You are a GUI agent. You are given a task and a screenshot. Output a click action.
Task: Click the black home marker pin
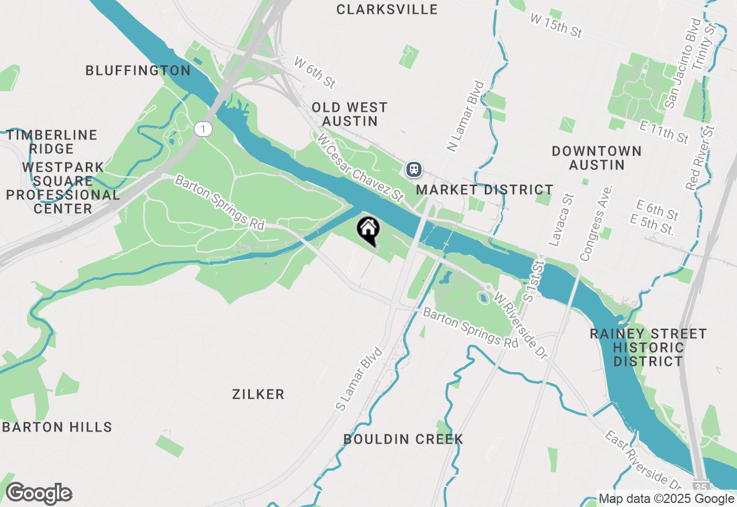point(368,230)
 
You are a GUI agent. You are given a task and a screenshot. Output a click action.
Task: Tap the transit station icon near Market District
point(414,169)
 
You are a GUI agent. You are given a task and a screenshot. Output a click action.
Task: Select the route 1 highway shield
point(202,128)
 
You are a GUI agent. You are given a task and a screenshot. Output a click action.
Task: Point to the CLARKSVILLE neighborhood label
point(387,9)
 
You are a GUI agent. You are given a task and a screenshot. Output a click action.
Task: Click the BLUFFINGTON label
point(138,70)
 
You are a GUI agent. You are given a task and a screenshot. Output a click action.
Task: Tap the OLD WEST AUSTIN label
point(349,114)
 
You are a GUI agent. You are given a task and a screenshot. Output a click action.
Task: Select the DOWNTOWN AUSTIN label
point(597,158)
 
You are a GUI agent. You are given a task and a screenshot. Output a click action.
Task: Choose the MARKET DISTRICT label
point(485,190)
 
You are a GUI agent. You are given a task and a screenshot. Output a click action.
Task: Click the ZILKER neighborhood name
point(258,394)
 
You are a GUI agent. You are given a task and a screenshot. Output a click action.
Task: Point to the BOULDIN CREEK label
point(403,439)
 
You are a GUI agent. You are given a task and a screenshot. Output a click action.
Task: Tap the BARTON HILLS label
point(57,427)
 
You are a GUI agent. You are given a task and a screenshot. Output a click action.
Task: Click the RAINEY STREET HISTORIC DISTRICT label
point(648,347)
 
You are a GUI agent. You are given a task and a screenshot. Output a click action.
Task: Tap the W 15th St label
point(556,26)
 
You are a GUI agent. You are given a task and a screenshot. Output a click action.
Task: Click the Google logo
point(39,494)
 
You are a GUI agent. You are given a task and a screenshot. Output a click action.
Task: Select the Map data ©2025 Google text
point(666,499)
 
